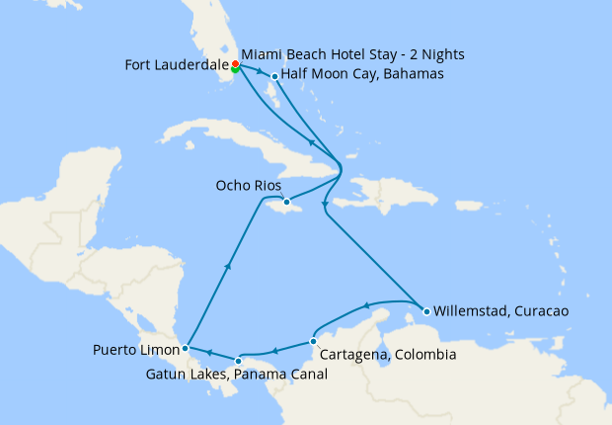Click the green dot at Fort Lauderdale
pos(235,69)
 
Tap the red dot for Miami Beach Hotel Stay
pos(235,64)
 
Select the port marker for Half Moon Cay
pos(274,76)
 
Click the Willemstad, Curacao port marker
pos(426,311)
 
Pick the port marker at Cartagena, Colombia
pos(313,341)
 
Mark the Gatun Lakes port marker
pos(239,361)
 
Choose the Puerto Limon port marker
pos(186,348)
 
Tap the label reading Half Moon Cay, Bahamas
pos(362,74)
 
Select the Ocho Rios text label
pos(249,186)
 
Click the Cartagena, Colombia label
pos(387,354)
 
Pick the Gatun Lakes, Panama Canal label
pos(236,376)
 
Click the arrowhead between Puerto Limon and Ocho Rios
pos(229,265)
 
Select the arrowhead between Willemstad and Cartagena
pos(366,305)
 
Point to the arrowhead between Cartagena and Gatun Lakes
pos(275,349)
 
